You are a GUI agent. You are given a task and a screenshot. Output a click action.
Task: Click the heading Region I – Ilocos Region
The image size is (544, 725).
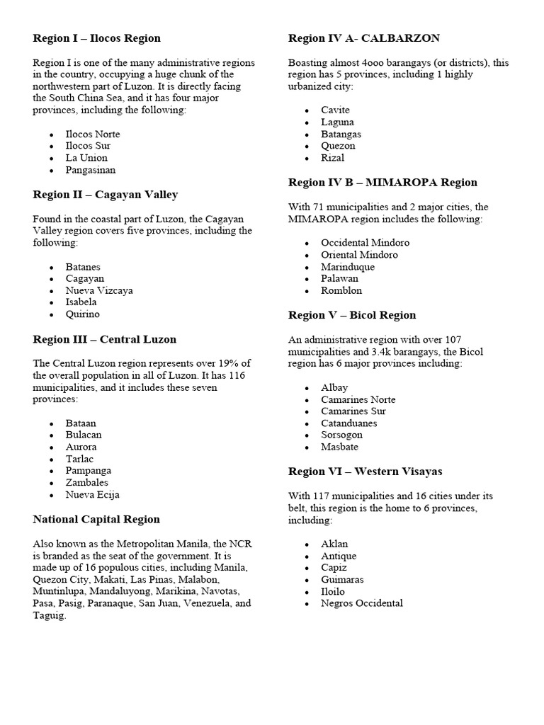[96, 38]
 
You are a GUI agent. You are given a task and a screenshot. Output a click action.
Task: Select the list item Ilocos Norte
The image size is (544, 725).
[93, 134]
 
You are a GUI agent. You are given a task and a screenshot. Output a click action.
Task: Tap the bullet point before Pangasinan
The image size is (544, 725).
[52, 171]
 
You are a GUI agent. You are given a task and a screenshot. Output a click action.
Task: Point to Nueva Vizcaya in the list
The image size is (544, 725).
[99, 290]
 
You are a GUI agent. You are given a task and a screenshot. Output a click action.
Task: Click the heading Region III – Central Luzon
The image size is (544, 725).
[104, 339]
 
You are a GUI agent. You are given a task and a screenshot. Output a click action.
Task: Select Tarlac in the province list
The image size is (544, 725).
[81, 459]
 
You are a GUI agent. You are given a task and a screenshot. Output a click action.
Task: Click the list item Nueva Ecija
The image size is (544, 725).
[93, 495]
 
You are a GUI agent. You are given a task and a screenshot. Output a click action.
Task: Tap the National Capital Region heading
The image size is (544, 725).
[96, 519]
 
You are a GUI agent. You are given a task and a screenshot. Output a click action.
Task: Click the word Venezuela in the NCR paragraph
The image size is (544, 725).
[207, 604]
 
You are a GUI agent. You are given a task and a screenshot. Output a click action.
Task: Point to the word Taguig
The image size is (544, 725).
[48, 616]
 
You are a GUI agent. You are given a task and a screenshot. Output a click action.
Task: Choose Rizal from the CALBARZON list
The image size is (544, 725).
[332, 158]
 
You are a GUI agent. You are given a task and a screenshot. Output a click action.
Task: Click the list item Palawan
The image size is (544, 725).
[339, 278]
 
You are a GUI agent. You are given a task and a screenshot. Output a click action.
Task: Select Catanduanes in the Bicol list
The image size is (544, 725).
[348, 423]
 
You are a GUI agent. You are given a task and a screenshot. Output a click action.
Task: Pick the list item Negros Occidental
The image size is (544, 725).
[361, 603]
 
